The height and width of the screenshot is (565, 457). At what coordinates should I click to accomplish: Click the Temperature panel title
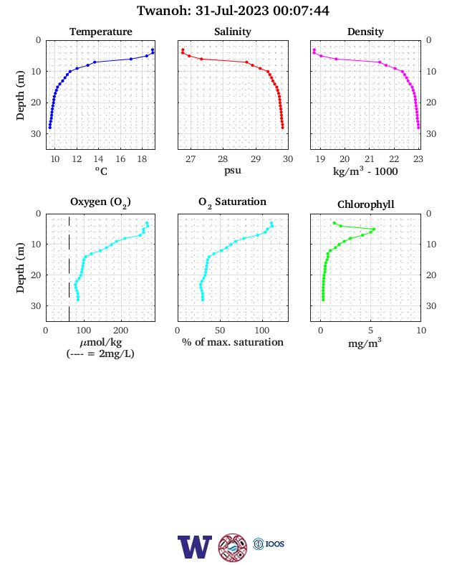[x=101, y=32]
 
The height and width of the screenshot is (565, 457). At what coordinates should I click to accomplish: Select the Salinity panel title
[x=233, y=32]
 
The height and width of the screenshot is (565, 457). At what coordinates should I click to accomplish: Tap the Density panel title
[x=365, y=32]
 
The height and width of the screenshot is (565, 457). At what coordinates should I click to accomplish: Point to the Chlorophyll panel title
[x=365, y=204]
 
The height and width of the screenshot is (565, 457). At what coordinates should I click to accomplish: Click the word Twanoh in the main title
[x=164, y=11]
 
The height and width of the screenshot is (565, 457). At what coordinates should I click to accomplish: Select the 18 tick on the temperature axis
[x=142, y=159]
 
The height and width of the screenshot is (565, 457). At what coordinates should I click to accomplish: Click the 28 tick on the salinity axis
[x=223, y=159]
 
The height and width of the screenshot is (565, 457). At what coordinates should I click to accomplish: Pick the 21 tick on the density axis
[x=370, y=159]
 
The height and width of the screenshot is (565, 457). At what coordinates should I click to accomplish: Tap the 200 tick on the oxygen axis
[x=120, y=331]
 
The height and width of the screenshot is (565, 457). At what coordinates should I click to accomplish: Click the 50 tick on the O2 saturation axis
[x=220, y=331]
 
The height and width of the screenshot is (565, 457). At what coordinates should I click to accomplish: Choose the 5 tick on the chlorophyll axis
[x=371, y=331]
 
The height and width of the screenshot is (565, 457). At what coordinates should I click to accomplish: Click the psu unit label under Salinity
[x=233, y=171]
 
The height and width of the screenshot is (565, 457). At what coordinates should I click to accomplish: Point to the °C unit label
[x=101, y=171]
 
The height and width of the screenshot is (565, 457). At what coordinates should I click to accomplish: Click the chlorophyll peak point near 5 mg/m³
[x=373, y=229]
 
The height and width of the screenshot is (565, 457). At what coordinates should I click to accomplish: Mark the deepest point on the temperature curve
[x=50, y=128]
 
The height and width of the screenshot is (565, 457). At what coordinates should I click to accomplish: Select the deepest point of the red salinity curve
[x=282, y=128]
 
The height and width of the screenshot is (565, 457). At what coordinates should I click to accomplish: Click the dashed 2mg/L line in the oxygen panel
[x=69, y=269]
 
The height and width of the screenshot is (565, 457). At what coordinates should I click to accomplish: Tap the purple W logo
[x=195, y=547]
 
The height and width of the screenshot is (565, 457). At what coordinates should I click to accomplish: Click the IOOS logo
[x=269, y=543]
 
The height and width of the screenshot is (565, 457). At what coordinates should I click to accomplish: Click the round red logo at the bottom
[x=233, y=548]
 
